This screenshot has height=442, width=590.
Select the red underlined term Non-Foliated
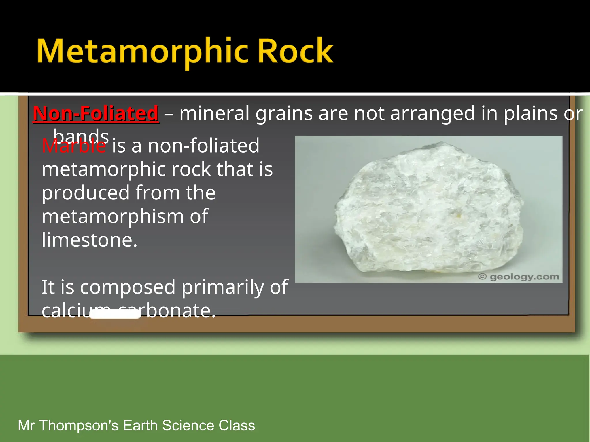(96, 113)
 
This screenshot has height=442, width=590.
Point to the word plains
(530, 113)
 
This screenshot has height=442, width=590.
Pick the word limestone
(89, 240)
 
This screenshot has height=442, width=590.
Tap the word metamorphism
(112, 216)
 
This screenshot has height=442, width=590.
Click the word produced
(86, 193)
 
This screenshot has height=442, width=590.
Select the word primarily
(222, 287)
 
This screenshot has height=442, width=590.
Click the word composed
(128, 287)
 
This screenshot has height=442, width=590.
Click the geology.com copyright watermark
(519, 277)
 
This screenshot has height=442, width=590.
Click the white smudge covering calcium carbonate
(115, 314)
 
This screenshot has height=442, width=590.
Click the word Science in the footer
(188, 425)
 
